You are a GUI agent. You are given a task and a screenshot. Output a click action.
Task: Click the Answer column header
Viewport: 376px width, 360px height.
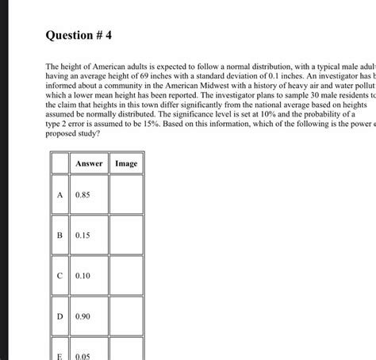point(88,163)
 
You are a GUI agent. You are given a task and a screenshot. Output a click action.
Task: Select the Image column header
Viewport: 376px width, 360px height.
point(126,163)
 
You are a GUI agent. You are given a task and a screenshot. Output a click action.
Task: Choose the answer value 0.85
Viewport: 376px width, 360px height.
point(83,194)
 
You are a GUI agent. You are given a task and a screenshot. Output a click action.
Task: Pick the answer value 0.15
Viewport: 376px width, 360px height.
point(83,235)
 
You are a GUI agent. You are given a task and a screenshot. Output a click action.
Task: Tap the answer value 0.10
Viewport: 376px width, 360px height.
point(83,275)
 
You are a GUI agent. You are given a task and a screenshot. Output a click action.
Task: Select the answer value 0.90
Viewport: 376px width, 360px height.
point(83,316)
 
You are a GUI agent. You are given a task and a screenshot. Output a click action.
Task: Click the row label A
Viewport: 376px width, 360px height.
point(59,194)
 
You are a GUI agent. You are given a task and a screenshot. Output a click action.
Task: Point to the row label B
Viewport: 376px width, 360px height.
point(59,235)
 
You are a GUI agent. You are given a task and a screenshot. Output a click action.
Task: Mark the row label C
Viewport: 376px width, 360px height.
point(59,275)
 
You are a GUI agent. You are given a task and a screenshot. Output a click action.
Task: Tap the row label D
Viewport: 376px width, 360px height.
point(59,316)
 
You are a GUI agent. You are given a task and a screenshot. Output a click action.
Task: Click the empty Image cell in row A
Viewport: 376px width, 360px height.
point(126,194)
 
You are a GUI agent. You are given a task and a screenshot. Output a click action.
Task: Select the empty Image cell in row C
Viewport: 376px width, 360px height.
point(126,275)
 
